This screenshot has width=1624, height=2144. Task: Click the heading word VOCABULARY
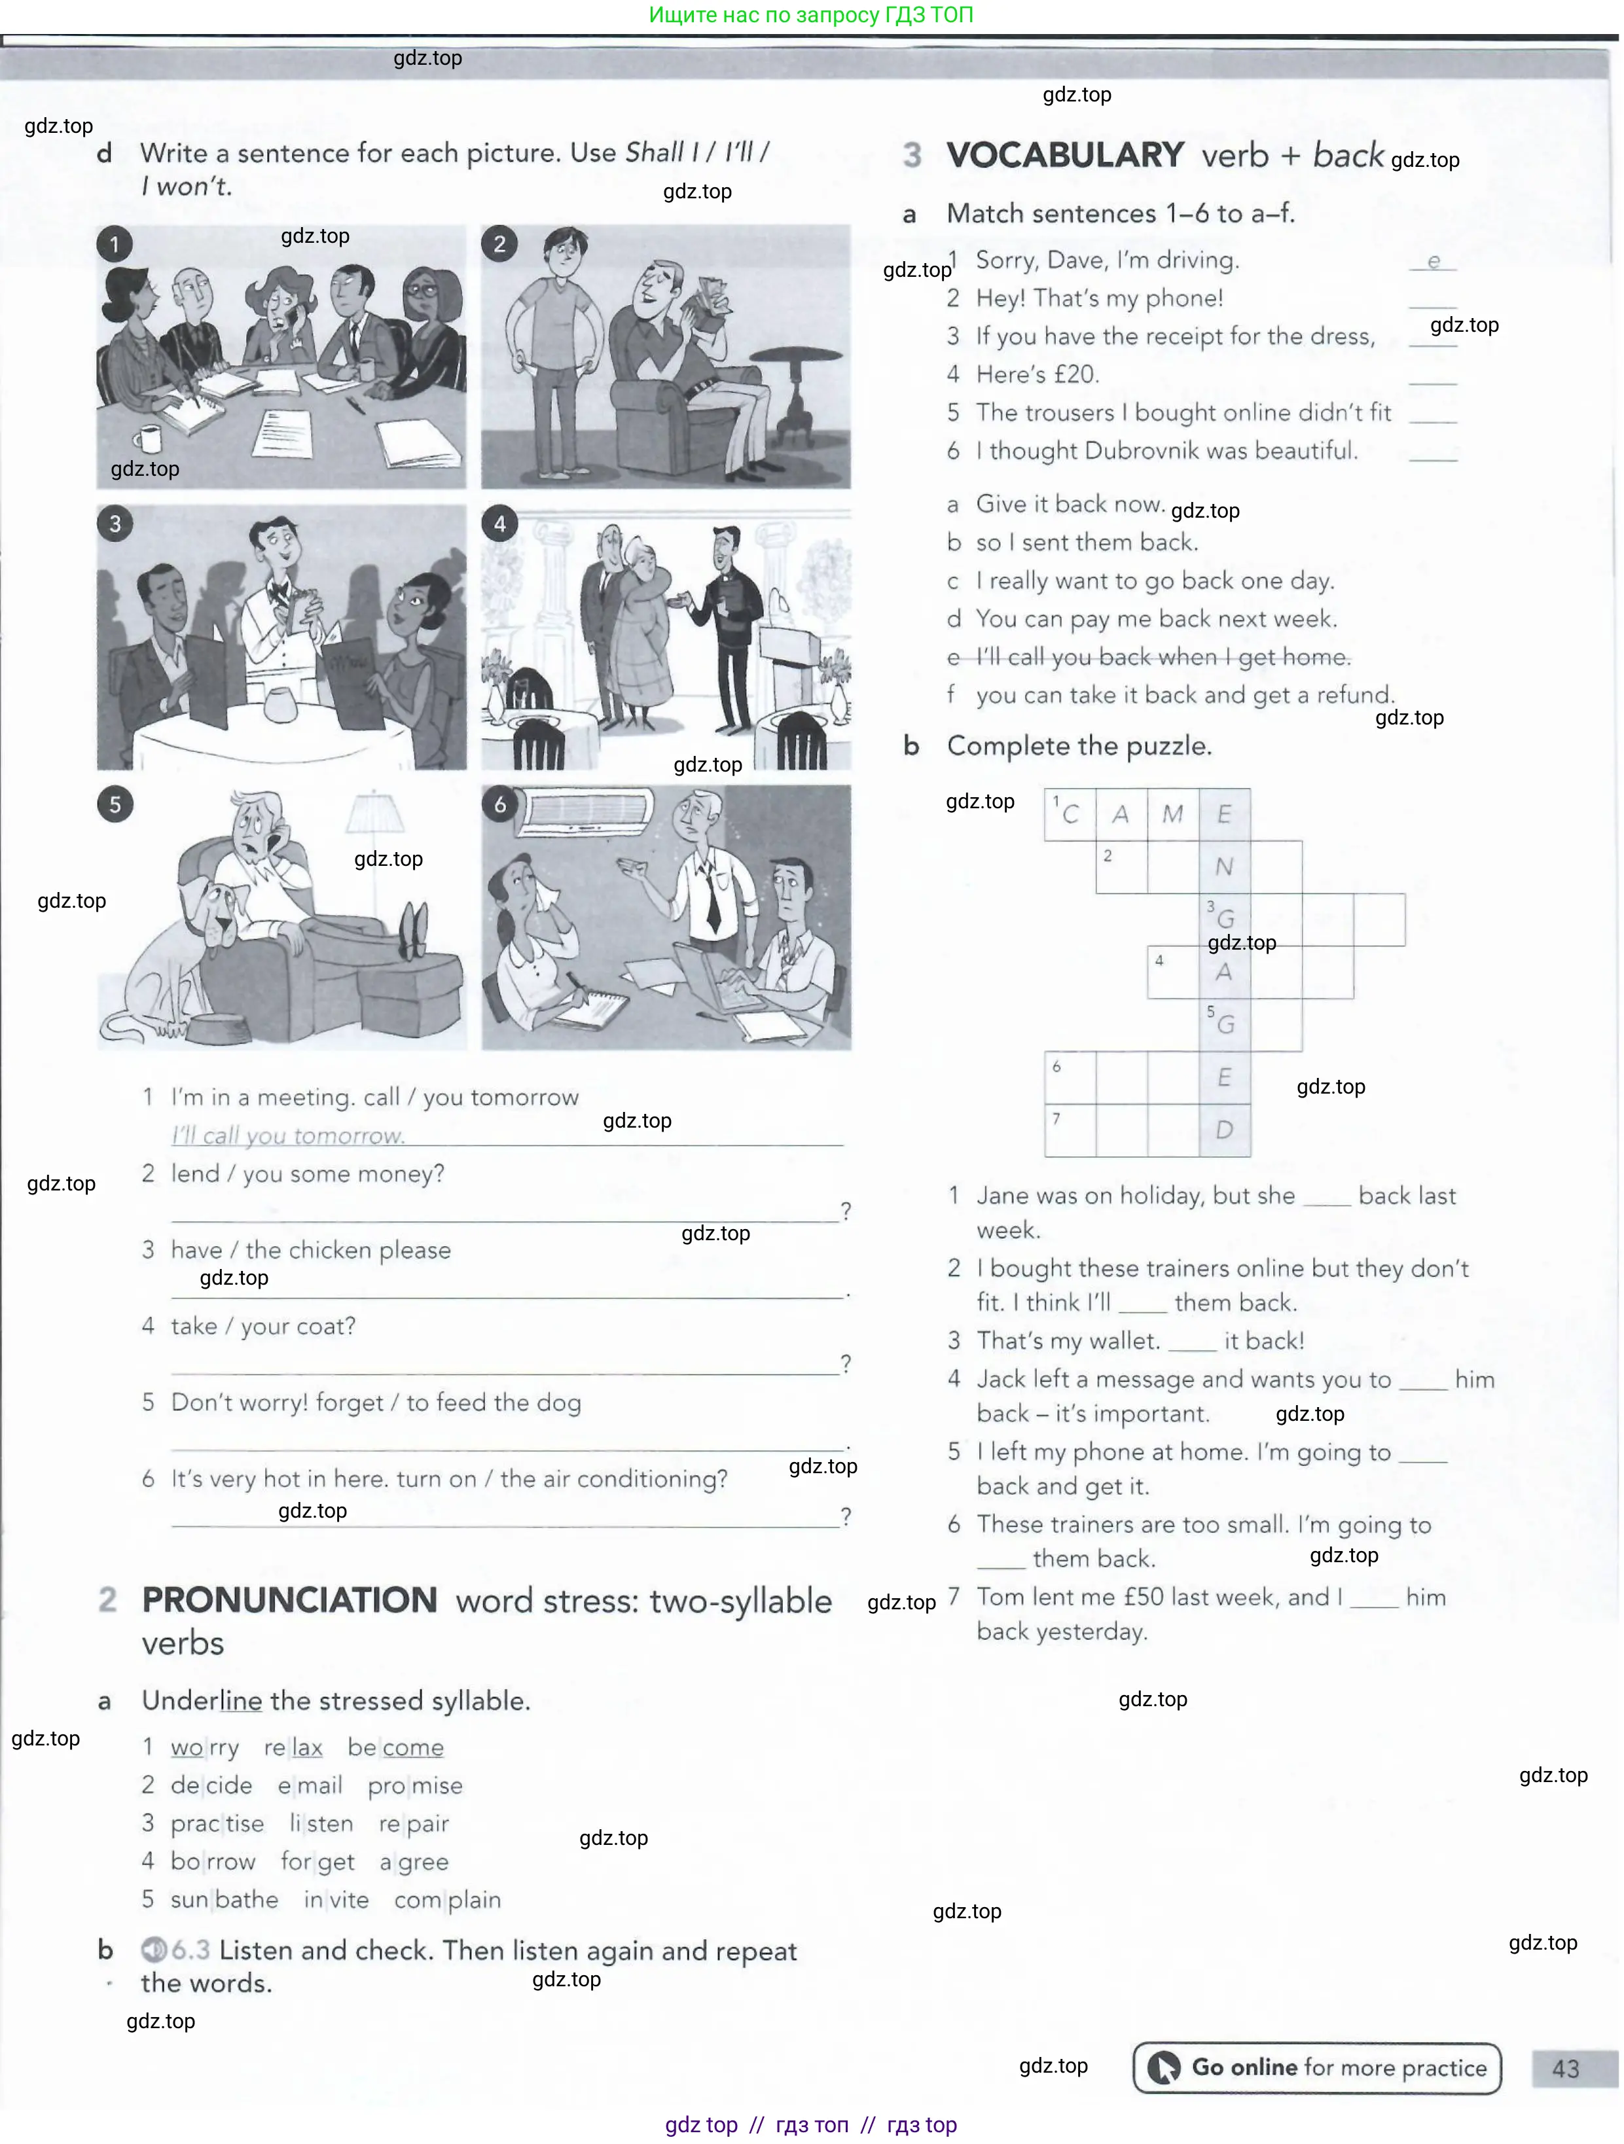[x=1064, y=155]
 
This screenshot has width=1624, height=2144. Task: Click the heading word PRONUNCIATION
[x=289, y=1600]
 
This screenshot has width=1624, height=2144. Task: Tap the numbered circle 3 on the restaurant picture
[x=115, y=524]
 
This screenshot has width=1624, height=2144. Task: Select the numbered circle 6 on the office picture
[x=500, y=804]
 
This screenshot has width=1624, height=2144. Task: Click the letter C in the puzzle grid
[x=1070, y=814]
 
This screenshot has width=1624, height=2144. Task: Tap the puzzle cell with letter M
[x=1173, y=814]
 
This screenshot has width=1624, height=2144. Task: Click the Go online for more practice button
[x=1316, y=2067]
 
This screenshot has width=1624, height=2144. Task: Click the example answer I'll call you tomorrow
[x=288, y=1135]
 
